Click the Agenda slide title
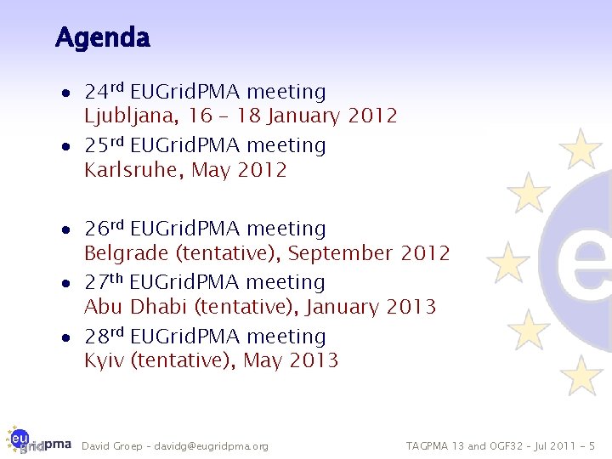click(102, 38)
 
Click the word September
click(340, 253)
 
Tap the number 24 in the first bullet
click(95, 92)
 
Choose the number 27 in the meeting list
click(95, 282)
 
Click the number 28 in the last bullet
click(95, 337)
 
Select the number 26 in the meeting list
click(95, 229)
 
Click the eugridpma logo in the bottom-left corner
click(37, 442)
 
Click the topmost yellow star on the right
click(581, 149)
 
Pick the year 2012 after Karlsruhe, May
click(263, 170)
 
